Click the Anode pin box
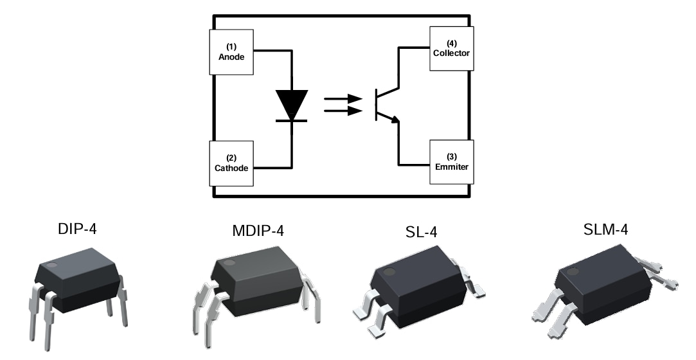point(231,51)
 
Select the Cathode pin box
point(231,162)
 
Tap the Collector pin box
point(451,49)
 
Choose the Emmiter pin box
point(451,161)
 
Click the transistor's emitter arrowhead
point(396,118)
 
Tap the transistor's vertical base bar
point(377,105)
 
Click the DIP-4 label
point(78,229)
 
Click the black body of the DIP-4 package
point(80,283)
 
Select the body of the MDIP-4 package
point(257,283)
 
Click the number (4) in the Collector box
point(451,43)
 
